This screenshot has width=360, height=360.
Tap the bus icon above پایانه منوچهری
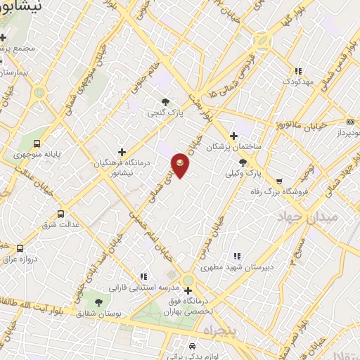(x=37, y=143)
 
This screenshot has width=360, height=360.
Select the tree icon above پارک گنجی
(x=166, y=102)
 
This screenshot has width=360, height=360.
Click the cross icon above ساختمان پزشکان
(x=234, y=136)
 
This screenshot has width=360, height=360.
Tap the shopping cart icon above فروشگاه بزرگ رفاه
(x=280, y=180)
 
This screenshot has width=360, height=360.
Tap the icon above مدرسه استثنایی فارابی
(x=143, y=277)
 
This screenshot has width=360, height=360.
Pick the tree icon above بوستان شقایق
(x=97, y=302)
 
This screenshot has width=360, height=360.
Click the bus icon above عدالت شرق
(x=60, y=214)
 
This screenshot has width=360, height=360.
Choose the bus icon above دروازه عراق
(x=19, y=248)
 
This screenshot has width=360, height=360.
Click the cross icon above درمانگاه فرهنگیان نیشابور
(x=122, y=152)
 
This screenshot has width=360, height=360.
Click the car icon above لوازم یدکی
(x=191, y=347)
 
